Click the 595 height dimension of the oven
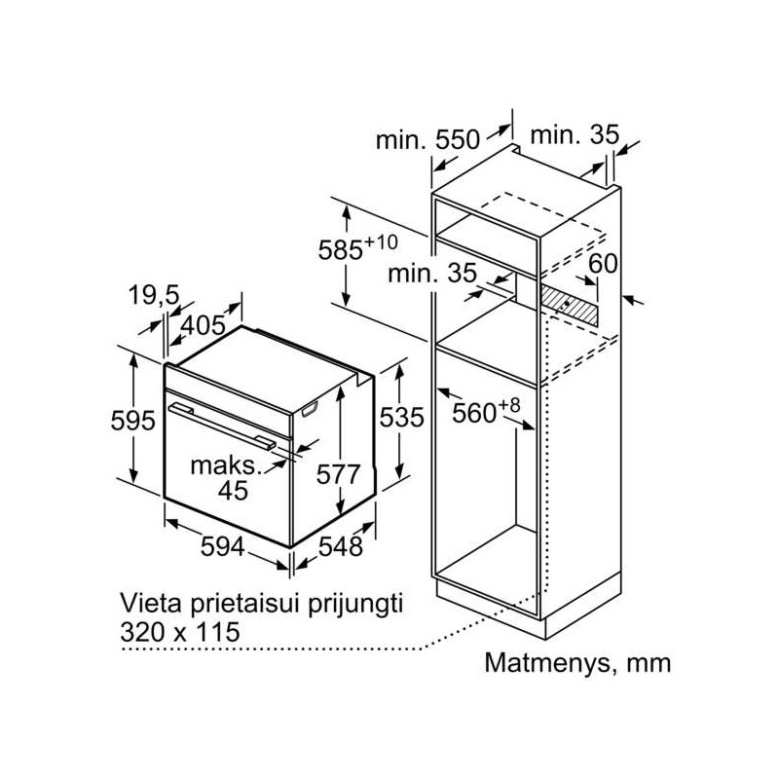click(132, 421)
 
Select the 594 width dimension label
click(223, 547)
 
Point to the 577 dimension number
click(338, 474)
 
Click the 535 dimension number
click(401, 418)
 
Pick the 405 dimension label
click(203, 326)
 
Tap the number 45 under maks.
click(233, 491)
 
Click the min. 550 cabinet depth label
click(427, 140)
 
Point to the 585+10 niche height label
click(357, 247)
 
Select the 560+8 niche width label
click(486, 410)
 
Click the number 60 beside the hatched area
click(603, 263)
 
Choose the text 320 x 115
click(180, 632)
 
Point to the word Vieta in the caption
click(151, 604)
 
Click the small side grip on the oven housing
click(310, 408)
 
